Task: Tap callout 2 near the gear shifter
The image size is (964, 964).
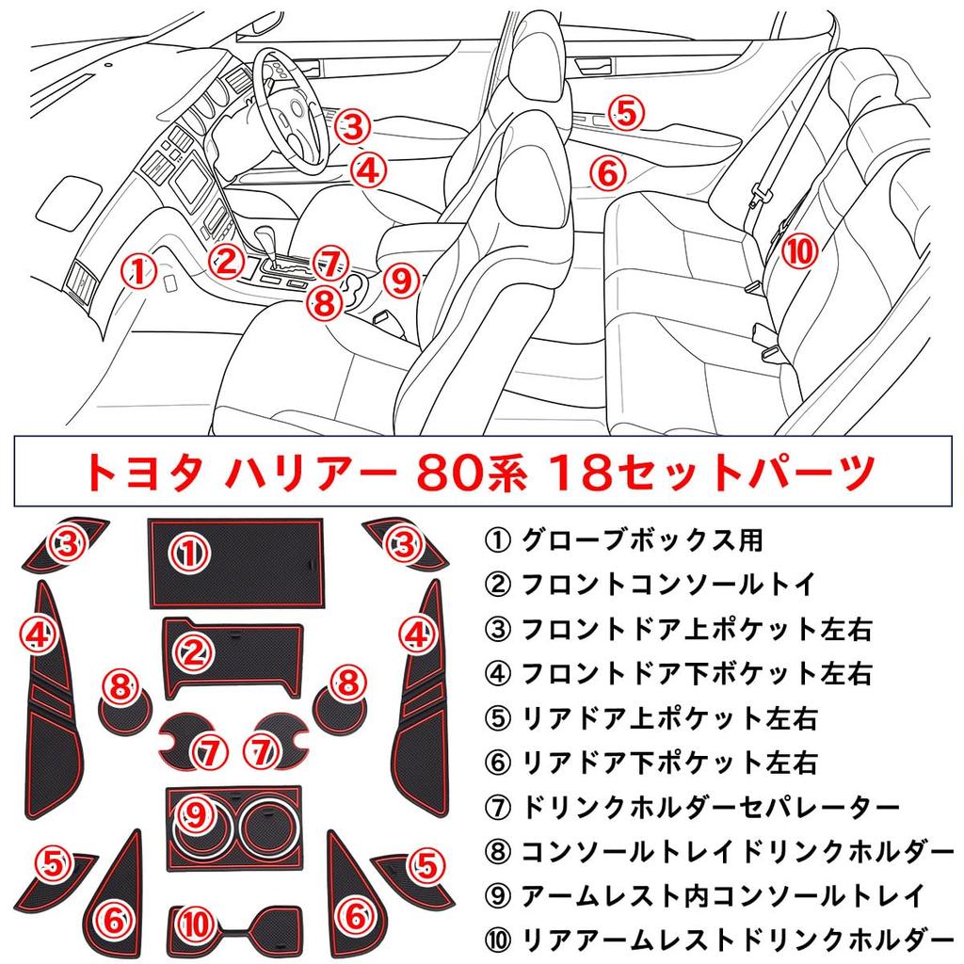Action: (226, 261)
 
